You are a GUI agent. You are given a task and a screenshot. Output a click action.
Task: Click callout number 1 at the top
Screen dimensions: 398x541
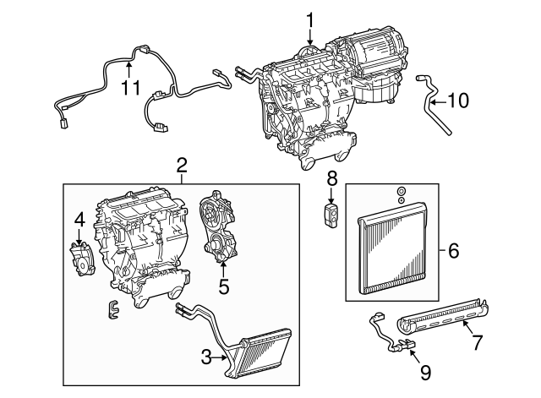click(309, 19)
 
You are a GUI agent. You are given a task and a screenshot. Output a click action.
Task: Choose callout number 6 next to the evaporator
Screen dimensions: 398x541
click(452, 250)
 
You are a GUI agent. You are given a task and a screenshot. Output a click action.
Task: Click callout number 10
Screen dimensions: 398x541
click(457, 101)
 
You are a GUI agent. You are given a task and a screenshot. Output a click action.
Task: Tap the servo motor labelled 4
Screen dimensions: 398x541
click(81, 257)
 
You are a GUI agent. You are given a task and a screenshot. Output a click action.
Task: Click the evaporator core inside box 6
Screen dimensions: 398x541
click(394, 254)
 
